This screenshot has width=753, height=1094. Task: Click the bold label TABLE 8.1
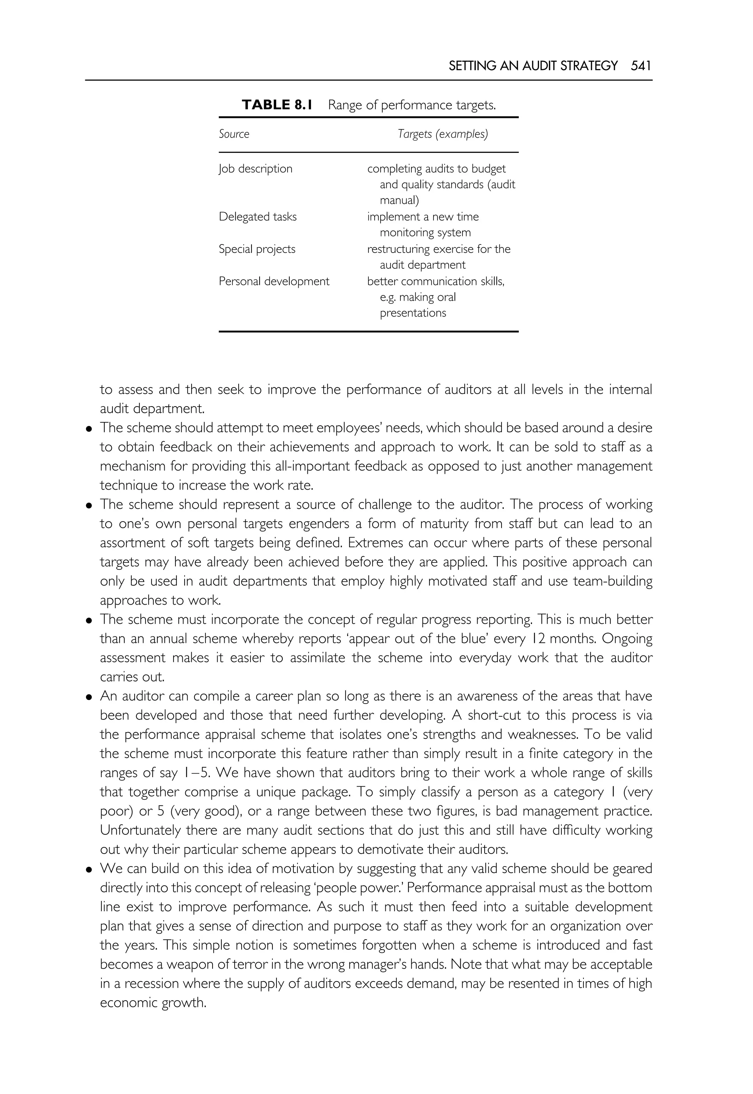coord(277,105)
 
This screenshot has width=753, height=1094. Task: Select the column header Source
coord(233,134)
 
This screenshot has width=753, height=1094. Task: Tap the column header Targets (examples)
coord(443,134)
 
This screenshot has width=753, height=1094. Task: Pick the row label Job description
coord(255,169)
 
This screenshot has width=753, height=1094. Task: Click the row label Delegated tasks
coord(258,217)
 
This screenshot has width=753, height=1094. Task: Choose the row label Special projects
coord(257,249)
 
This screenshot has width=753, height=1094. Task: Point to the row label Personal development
coord(274,282)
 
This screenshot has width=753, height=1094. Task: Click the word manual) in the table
coord(399,200)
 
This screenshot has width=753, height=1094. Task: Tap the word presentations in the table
coord(413,313)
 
